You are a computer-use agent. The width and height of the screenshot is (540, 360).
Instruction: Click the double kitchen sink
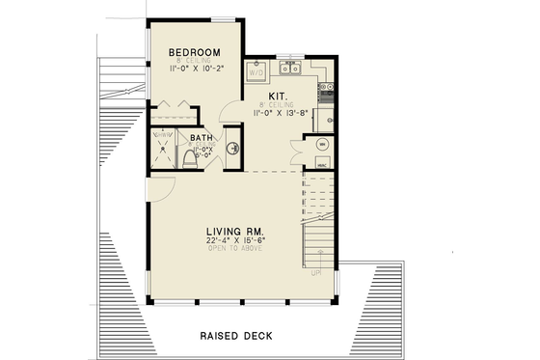(x=290, y=69)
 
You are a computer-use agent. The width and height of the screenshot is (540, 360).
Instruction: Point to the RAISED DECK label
(x=235, y=336)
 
